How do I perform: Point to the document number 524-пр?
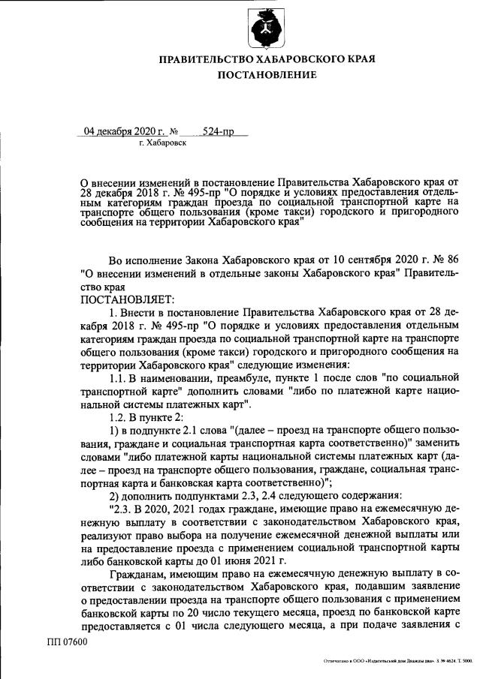pos(219,131)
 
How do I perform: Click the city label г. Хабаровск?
pos(162,142)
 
